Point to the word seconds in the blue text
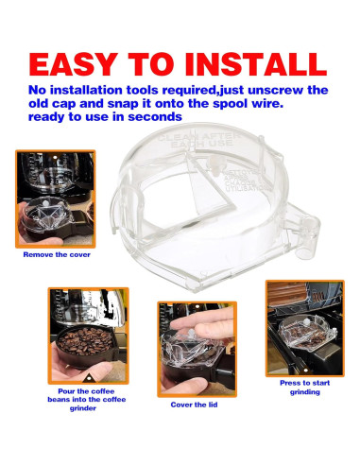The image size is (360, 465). (x=154, y=117)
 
